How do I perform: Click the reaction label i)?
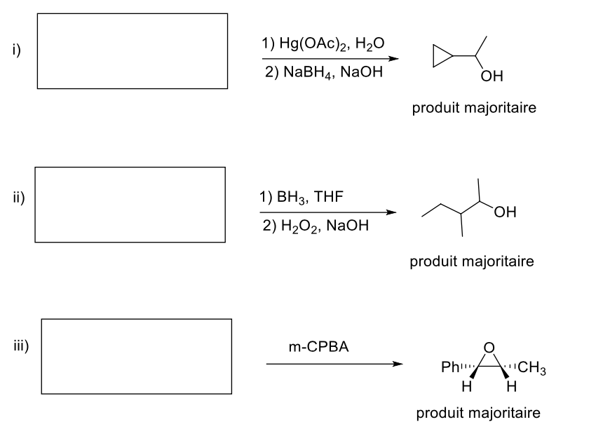[15, 50]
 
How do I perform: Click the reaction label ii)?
[18, 197]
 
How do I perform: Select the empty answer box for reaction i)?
[132, 51]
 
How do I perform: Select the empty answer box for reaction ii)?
[130, 205]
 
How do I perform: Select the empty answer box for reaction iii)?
[136, 356]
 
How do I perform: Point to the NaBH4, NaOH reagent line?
[323, 73]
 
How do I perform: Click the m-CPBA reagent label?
[318, 346]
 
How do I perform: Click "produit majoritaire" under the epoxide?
[478, 413]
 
